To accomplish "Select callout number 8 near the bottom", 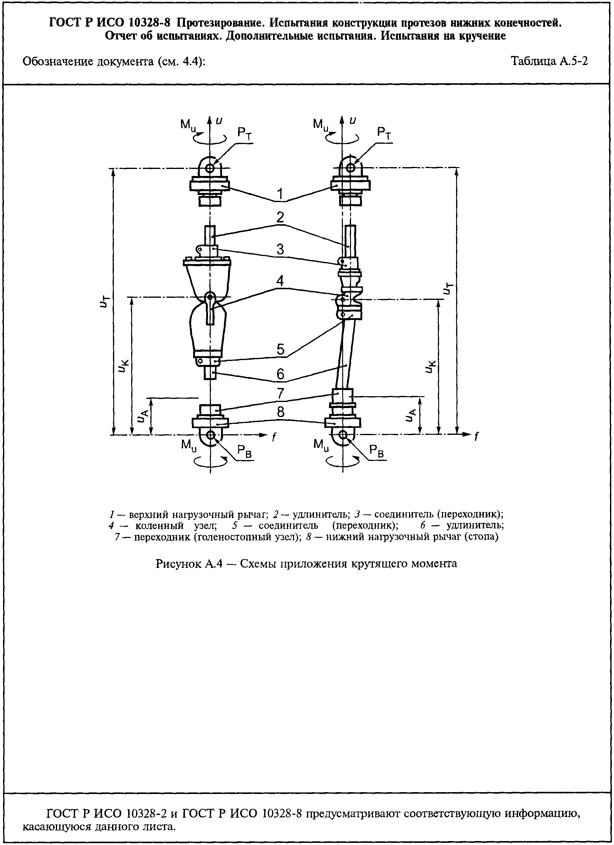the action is [x=280, y=412].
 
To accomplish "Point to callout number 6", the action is [x=280, y=374].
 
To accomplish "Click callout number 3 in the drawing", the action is [x=280, y=249].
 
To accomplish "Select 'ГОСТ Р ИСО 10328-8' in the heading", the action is [x=110, y=23].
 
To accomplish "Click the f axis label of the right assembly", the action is [x=477, y=436].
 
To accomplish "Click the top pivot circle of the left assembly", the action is [x=210, y=168].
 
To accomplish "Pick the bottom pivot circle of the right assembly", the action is [x=343, y=435].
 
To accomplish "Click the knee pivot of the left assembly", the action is [x=210, y=297].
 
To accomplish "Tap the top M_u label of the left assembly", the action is [x=188, y=125].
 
